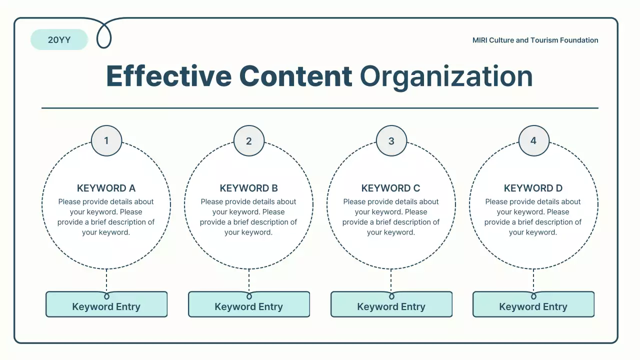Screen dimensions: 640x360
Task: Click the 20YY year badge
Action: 59,39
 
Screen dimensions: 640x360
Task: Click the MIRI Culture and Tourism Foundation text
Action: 535,40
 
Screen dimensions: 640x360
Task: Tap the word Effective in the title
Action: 169,76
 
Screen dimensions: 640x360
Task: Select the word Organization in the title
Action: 446,77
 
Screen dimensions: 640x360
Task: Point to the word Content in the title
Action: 295,76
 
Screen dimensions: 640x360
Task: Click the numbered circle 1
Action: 106,140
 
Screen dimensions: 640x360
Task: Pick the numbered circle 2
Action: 249,140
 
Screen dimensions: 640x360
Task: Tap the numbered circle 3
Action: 391,140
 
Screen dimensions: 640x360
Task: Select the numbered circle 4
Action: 533,140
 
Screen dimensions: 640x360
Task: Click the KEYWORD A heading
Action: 106,188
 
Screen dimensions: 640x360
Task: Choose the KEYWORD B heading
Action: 248,188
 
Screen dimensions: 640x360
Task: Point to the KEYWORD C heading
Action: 391,188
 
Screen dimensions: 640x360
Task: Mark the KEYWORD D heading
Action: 533,188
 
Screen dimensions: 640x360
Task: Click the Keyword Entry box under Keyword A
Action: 106,304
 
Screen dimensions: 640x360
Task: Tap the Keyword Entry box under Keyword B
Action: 249,304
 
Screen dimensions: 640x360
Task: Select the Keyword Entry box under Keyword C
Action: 391,304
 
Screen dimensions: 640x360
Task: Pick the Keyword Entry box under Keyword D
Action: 533,304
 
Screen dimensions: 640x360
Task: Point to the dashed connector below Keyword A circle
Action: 106,280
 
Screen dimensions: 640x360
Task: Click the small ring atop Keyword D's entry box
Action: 533,296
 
